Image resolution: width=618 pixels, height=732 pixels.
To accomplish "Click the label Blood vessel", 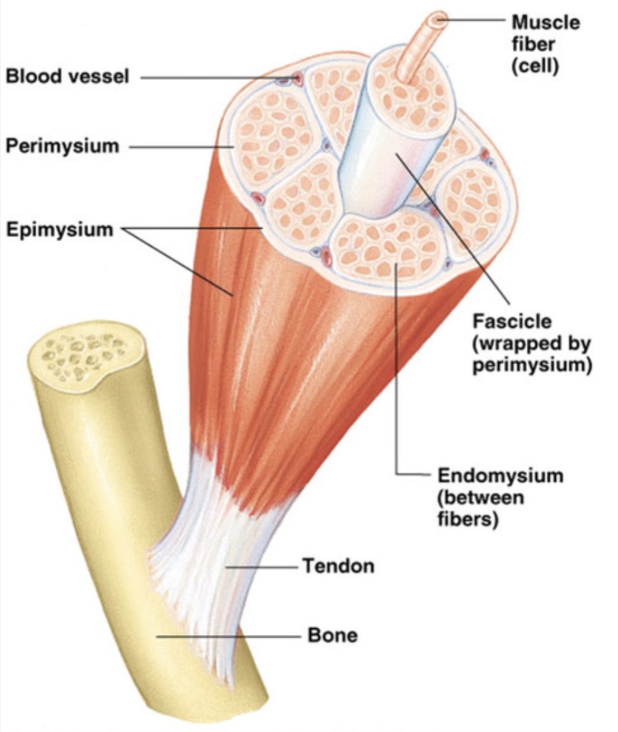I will point(67,77).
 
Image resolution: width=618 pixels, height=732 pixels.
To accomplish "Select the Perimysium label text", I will point(62,146).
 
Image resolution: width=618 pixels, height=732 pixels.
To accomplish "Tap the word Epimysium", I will point(59,230).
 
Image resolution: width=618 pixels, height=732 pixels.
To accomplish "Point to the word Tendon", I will point(339,566).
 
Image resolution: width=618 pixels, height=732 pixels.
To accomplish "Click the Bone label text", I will point(333,635).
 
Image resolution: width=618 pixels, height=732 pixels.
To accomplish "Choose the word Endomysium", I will point(500,476).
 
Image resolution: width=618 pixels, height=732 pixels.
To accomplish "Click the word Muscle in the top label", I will point(546,23).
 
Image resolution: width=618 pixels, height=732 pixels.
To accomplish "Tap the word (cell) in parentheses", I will point(535,65).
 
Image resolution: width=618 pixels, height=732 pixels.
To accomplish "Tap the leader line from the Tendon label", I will point(261,566).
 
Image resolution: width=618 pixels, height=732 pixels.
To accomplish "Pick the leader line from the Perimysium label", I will point(178,147).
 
